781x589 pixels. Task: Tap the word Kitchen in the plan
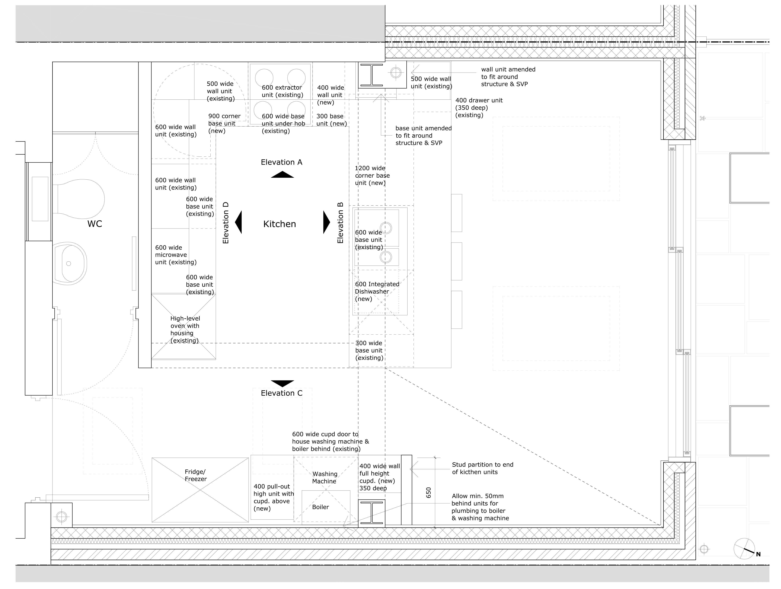[280, 224]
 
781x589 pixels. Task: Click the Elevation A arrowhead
[282, 174]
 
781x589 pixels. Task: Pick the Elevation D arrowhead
[239, 222]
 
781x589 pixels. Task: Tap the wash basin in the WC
[70, 263]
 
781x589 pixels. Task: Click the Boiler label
[321, 507]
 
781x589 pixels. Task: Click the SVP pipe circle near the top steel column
[396, 72]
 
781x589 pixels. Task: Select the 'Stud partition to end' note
[483, 468]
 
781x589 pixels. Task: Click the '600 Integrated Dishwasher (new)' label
[377, 292]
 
